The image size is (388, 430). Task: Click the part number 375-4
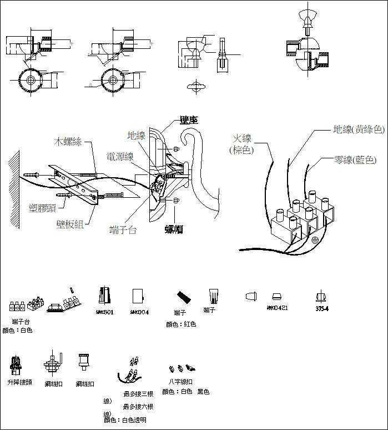[321, 309]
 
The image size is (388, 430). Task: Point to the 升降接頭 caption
[19, 382]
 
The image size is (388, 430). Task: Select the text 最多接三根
[138, 394]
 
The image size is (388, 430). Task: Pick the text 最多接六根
[138, 407]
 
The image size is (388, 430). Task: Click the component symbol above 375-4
[319, 297]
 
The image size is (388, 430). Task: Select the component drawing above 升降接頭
[16, 366]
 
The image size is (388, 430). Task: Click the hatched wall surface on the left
[13, 189]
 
